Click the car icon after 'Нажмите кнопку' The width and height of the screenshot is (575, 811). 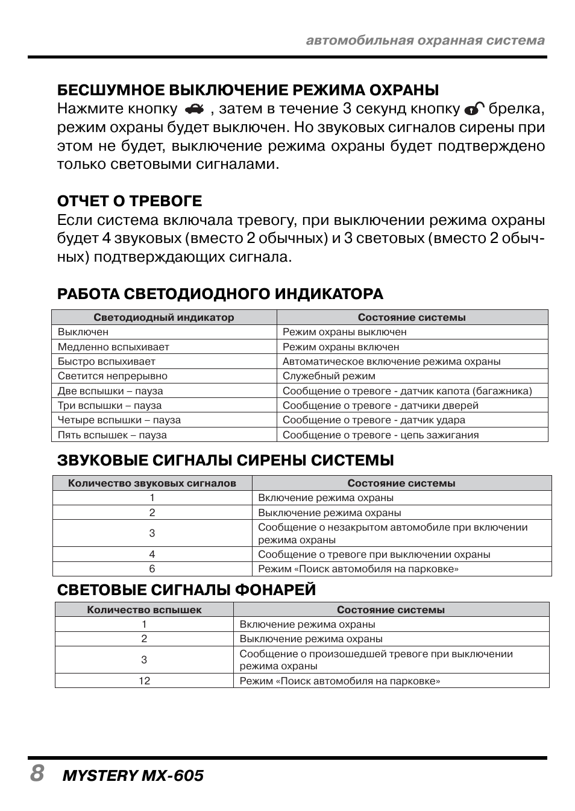(195, 109)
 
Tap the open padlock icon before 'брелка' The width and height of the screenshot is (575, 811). (474, 109)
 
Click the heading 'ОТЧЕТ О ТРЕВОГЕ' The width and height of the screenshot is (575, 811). (130, 201)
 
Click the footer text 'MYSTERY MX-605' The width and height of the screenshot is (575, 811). (133, 775)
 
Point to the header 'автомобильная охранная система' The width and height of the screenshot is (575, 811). (425, 40)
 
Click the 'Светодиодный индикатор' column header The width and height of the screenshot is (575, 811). (164, 317)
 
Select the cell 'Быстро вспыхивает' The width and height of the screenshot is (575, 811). (107, 361)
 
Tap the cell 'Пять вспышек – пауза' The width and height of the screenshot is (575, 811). (112, 435)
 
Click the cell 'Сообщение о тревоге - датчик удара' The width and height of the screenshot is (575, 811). (374, 420)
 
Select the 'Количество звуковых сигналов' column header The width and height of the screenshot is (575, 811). (152, 483)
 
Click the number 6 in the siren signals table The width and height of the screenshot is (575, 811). (152, 569)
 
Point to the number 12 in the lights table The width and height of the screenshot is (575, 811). (144, 681)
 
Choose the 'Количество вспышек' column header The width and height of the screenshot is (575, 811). (144, 610)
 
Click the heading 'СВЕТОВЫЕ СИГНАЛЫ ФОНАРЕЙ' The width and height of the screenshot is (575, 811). (186, 589)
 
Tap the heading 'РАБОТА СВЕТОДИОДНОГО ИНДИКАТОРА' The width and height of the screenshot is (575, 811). (220, 294)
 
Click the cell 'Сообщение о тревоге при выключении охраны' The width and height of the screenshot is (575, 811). (374, 554)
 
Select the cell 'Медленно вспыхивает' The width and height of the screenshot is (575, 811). (113, 347)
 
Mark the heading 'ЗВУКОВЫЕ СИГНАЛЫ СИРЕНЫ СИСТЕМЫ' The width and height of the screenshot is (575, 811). (225, 460)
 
